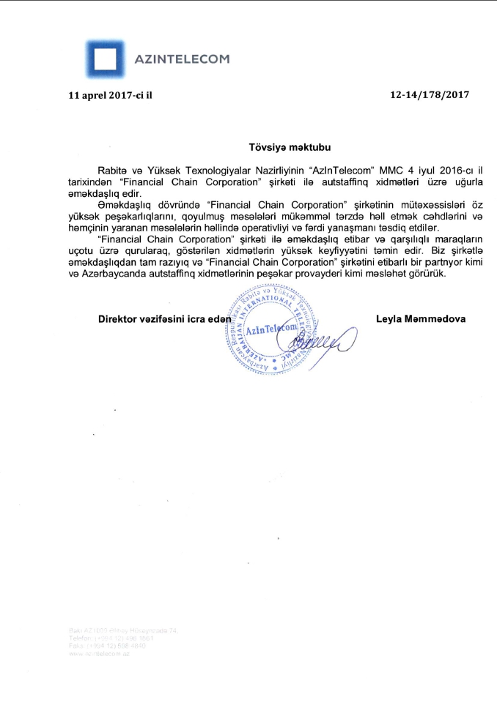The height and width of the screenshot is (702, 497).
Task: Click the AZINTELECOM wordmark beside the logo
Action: point(181,59)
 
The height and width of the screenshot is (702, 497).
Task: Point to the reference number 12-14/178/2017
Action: point(429,95)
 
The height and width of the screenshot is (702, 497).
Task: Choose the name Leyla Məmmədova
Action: point(420,319)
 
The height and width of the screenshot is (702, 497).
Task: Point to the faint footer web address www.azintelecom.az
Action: point(98,653)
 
